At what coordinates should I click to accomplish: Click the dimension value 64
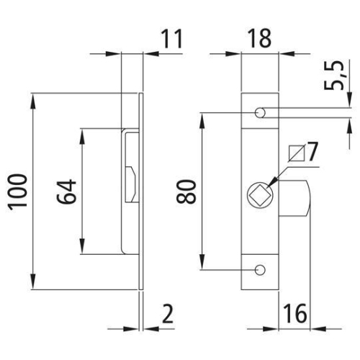[x=66, y=191]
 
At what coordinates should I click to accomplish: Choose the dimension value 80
[x=189, y=191]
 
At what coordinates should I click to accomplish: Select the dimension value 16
[x=295, y=313]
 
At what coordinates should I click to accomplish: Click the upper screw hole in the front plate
[x=260, y=113]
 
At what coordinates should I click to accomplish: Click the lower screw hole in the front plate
[x=260, y=269]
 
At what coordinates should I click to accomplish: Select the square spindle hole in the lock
[x=257, y=195]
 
